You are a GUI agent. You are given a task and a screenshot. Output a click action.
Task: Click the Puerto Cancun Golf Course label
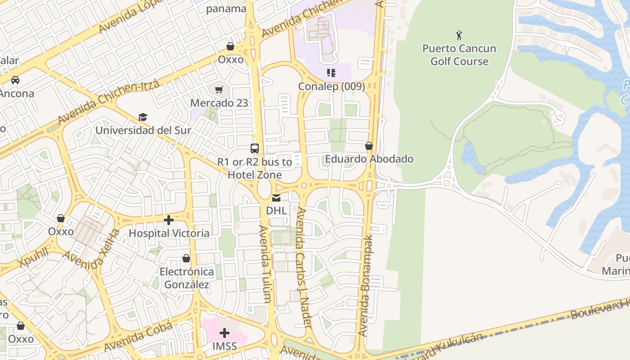click(459, 55)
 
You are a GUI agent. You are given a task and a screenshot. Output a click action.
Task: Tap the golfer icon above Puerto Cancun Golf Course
click(459, 35)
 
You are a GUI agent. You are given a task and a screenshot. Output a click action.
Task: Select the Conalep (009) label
click(332, 86)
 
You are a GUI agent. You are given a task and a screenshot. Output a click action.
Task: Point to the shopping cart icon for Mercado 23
click(219, 90)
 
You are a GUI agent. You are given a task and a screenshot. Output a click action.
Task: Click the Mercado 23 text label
click(219, 103)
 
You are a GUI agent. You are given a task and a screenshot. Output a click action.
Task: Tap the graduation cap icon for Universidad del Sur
click(143, 117)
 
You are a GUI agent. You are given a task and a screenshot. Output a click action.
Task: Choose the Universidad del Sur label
click(143, 130)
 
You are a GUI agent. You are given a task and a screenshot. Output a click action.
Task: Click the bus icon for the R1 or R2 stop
click(255, 148)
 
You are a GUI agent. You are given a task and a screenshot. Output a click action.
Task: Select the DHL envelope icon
click(276, 198)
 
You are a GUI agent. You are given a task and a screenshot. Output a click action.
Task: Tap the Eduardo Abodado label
click(369, 159)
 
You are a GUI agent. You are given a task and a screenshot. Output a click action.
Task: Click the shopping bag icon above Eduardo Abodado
click(369, 146)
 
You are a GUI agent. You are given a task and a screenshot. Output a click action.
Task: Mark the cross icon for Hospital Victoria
click(169, 220)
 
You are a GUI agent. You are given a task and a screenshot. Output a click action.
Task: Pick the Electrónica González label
click(186, 278)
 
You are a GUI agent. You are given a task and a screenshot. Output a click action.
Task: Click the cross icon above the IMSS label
click(225, 333)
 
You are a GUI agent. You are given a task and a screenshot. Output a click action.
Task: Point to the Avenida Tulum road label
click(265, 263)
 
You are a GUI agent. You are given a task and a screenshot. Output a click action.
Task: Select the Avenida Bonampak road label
click(366, 285)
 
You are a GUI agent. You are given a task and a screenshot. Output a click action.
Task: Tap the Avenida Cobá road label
click(138, 337)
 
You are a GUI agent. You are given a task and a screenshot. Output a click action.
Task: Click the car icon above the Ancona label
click(15, 80)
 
